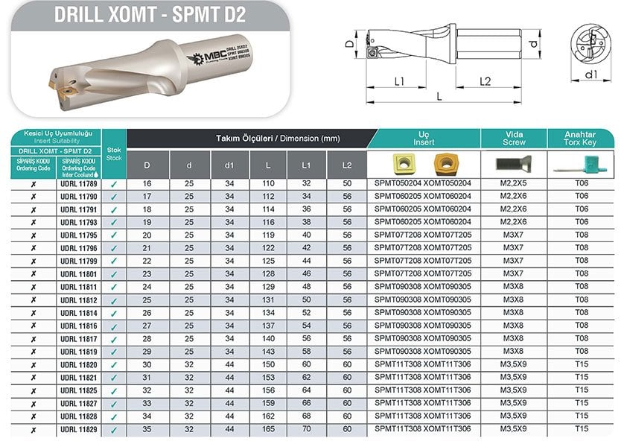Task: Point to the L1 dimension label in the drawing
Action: pyautogui.click(x=399, y=80)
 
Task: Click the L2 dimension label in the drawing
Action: pyautogui.click(x=484, y=80)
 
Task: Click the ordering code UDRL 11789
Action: pyautogui.click(x=77, y=183)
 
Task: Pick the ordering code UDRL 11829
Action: pyautogui.click(x=77, y=431)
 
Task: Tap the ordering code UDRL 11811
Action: pyautogui.click(x=77, y=287)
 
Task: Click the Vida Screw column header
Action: pyautogui.click(x=514, y=138)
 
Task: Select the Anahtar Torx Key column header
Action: pyautogui.click(x=582, y=138)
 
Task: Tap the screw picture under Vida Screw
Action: pyautogui.click(x=514, y=164)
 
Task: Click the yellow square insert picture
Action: pyautogui.click(x=402, y=163)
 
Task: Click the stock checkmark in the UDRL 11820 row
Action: pyautogui.click(x=113, y=366)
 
